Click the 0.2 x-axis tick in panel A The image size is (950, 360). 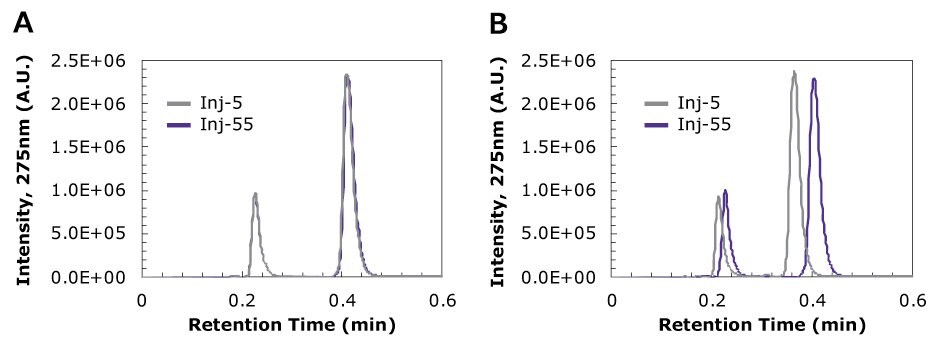242,299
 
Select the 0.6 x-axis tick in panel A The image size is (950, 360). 443,299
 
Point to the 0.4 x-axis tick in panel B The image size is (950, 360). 813,299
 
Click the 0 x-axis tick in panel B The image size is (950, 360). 612,299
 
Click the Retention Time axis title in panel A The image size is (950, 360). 292,325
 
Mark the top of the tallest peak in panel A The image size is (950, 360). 346,75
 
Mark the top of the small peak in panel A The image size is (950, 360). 255,194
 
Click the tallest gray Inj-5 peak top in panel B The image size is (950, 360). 794,72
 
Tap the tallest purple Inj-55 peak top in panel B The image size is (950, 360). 814,79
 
